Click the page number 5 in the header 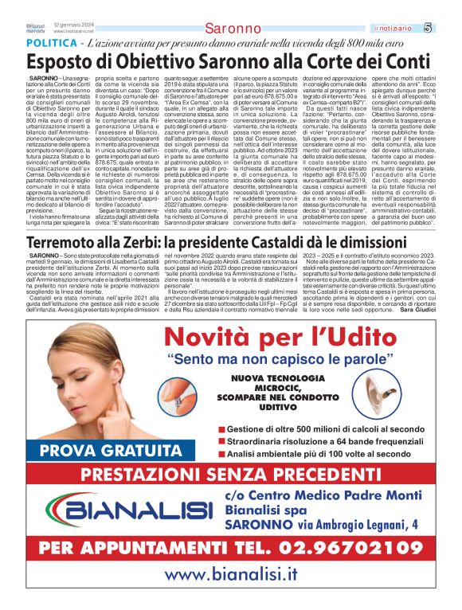pos(450,28)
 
